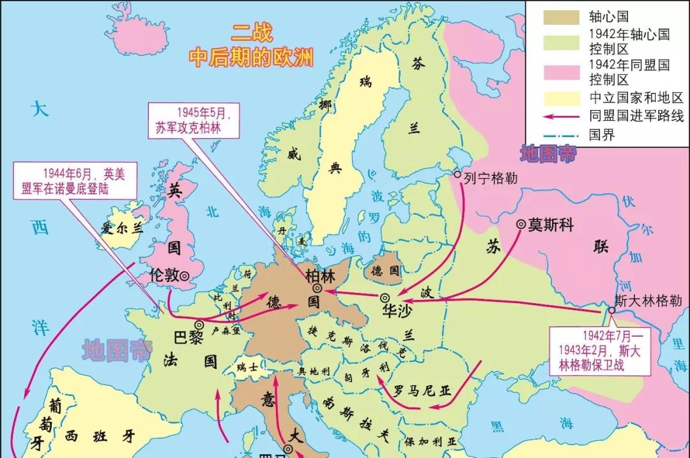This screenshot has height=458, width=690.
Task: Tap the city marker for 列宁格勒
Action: (457, 174)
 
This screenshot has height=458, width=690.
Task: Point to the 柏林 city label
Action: (319, 276)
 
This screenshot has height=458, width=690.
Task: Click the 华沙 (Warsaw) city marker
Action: (385, 297)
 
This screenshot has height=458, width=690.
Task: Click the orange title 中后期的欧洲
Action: (251, 58)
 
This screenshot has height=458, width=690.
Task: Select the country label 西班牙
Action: (100, 437)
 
